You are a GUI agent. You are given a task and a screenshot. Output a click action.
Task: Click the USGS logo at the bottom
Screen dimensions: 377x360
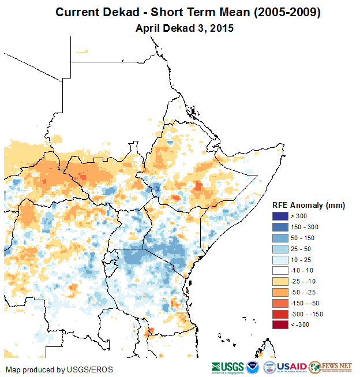(227, 367)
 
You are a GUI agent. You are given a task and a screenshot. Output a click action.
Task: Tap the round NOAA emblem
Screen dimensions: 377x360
(252, 367)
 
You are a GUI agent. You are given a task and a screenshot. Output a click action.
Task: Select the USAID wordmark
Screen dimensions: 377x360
(292, 367)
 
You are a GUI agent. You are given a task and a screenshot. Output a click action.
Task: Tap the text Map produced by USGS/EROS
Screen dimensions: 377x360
(59, 369)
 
